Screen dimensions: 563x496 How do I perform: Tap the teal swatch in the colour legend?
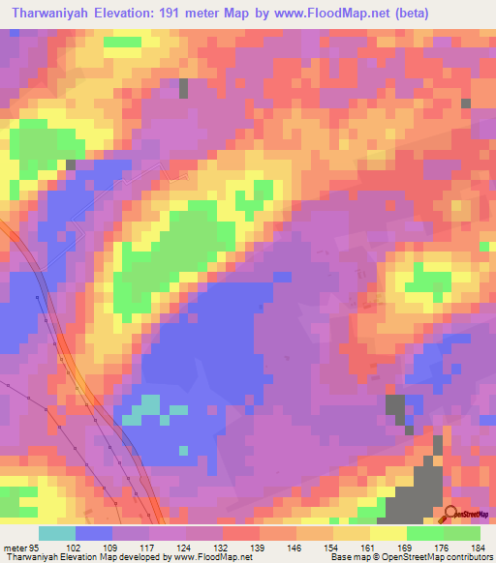pos(57,533)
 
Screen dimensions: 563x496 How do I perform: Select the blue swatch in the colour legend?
pos(94,533)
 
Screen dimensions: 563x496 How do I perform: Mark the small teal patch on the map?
pos(147,407)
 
